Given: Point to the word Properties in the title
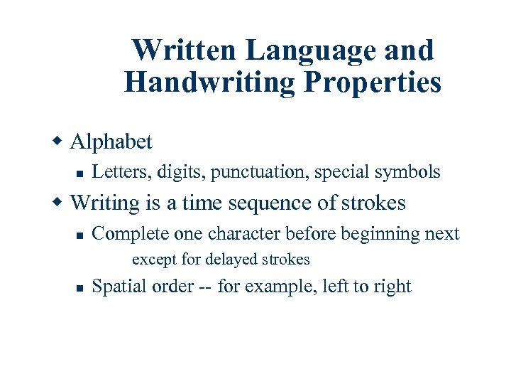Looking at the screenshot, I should pos(373,82).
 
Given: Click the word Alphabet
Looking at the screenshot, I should pos(111,142).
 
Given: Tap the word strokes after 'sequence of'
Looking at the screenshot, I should pos(373,203).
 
